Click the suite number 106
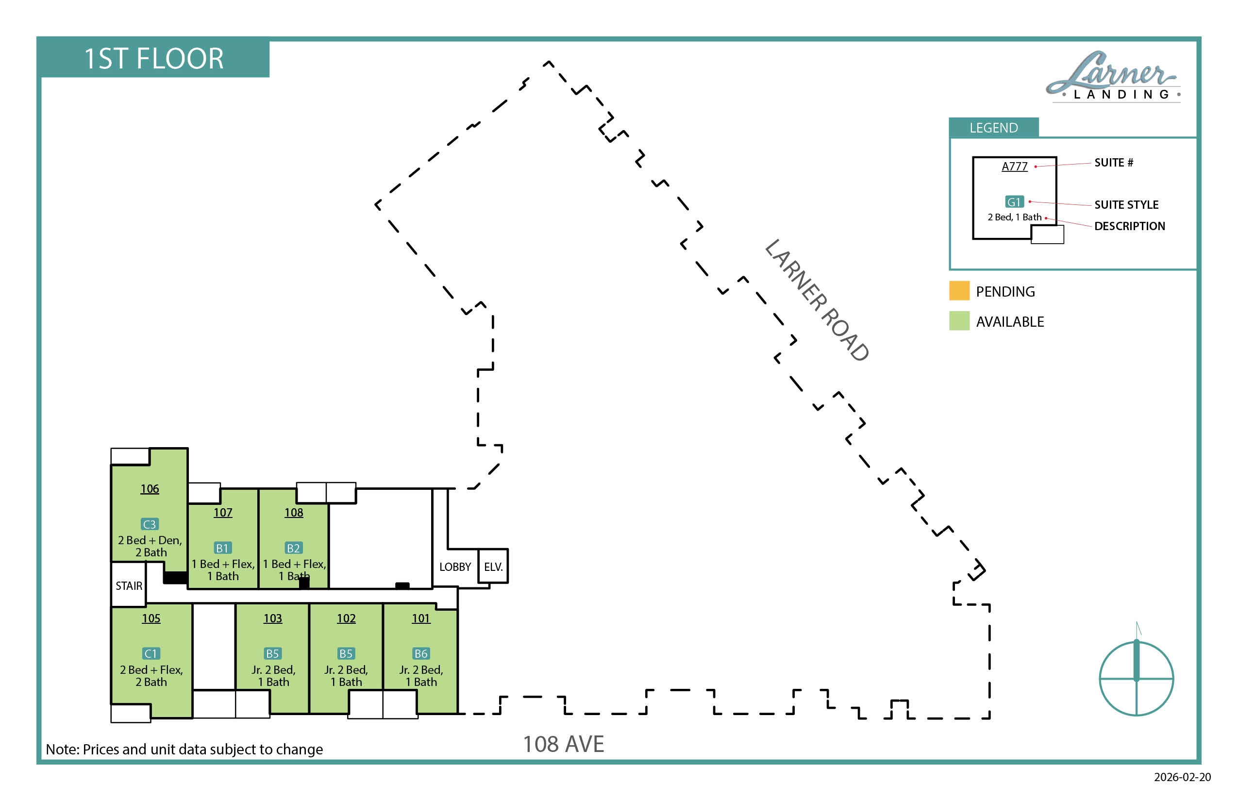pos(150,489)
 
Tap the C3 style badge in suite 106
pos(150,524)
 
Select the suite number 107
pos(223,513)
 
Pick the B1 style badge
pos(223,548)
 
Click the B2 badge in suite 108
pos(293,548)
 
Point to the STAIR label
pos(129,586)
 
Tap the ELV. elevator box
pos(493,567)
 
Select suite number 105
pos(151,618)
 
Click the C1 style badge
pos(151,654)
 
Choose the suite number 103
pos(272,618)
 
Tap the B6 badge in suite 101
pos(421,654)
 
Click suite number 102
pos(346,618)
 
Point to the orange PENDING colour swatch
pos(959,291)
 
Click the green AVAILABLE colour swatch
pos(959,321)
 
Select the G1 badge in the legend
pos(1014,202)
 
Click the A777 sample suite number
pos(1014,167)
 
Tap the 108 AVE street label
pos(563,744)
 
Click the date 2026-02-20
pos(1182,777)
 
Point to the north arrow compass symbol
pos(1136,676)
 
